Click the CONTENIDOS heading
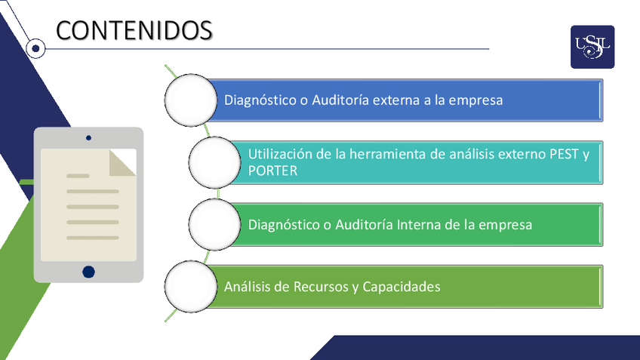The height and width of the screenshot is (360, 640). tap(134, 29)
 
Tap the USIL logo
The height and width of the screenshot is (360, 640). tap(592, 47)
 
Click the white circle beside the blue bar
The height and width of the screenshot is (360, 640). tap(189, 100)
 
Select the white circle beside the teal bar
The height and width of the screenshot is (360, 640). tap(214, 162)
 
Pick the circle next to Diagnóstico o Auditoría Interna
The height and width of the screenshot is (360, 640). tap(214, 224)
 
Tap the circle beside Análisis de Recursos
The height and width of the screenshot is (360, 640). tap(189, 287)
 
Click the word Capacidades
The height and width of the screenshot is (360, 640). tap(402, 287)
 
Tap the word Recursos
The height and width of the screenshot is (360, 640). tap(317, 287)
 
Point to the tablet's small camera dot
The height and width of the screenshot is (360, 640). tap(89, 138)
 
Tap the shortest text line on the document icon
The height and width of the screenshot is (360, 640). tap(78, 176)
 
